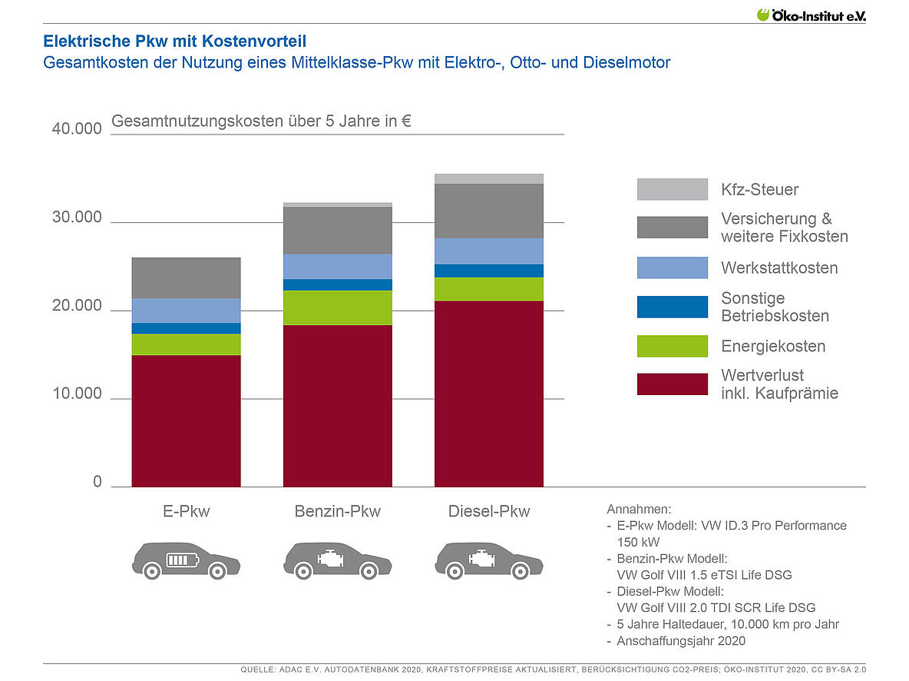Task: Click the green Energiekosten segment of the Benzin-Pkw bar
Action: tap(338, 307)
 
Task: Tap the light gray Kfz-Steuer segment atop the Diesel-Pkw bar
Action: tap(489, 178)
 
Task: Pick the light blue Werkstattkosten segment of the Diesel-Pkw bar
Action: tap(489, 251)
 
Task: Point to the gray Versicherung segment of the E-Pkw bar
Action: tap(187, 277)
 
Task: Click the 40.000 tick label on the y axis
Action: tap(77, 128)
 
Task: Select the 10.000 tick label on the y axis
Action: tap(77, 394)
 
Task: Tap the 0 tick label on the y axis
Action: tap(98, 482)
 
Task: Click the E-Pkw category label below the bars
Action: tap(187, 511)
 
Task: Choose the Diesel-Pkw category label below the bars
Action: tap(489, 511)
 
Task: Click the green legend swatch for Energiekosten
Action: tap(672, 346)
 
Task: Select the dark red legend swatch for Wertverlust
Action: tap(672, 384)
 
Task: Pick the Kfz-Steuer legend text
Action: tap(760, 189)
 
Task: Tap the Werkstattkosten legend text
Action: tap(779, 267)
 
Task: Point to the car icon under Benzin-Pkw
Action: tap(336, 560)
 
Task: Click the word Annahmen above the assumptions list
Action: tap(639, 509)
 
